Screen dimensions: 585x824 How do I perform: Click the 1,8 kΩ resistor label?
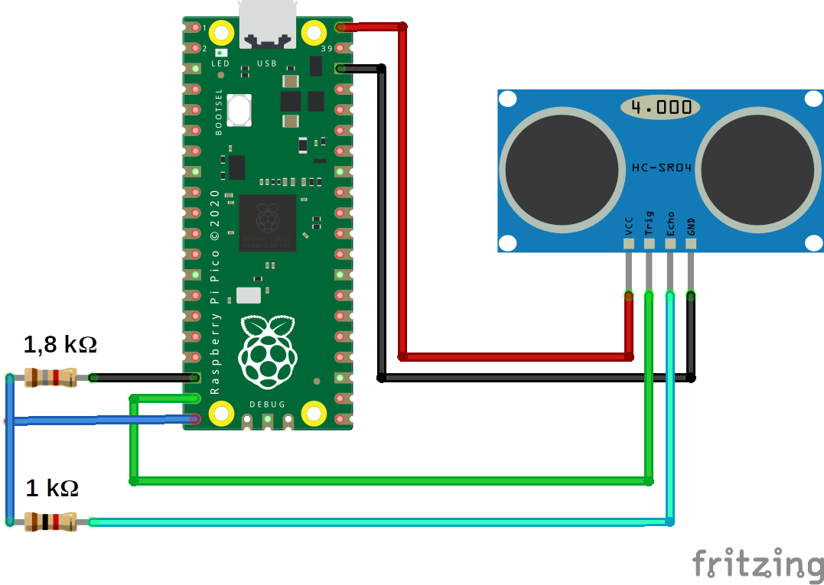click(x=60, y=345)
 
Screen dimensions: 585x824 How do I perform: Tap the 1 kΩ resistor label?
click(x=52, y=488)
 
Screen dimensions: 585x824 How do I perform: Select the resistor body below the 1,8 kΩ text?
click(x=50, y=377)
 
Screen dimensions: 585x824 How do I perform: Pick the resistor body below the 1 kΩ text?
click(x=50, y=522)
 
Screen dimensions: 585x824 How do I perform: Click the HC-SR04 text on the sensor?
click(x=662, y=167)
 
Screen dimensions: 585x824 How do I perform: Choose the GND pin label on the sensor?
click(x=691, y=226)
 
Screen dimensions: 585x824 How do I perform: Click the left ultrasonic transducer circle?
click(x=560, y=170)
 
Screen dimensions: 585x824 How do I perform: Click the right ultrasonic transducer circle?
click(x=755, y=170)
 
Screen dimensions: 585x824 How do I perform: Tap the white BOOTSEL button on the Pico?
click(x=239, y=110)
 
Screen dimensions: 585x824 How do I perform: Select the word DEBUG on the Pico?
click(x=267, y=404)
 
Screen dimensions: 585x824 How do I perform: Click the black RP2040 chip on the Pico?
click(x=267, y=223)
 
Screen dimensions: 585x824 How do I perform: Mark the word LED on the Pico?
click(x=221, y=64)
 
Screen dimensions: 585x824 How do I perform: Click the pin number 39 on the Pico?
click(x=327, y=49)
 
